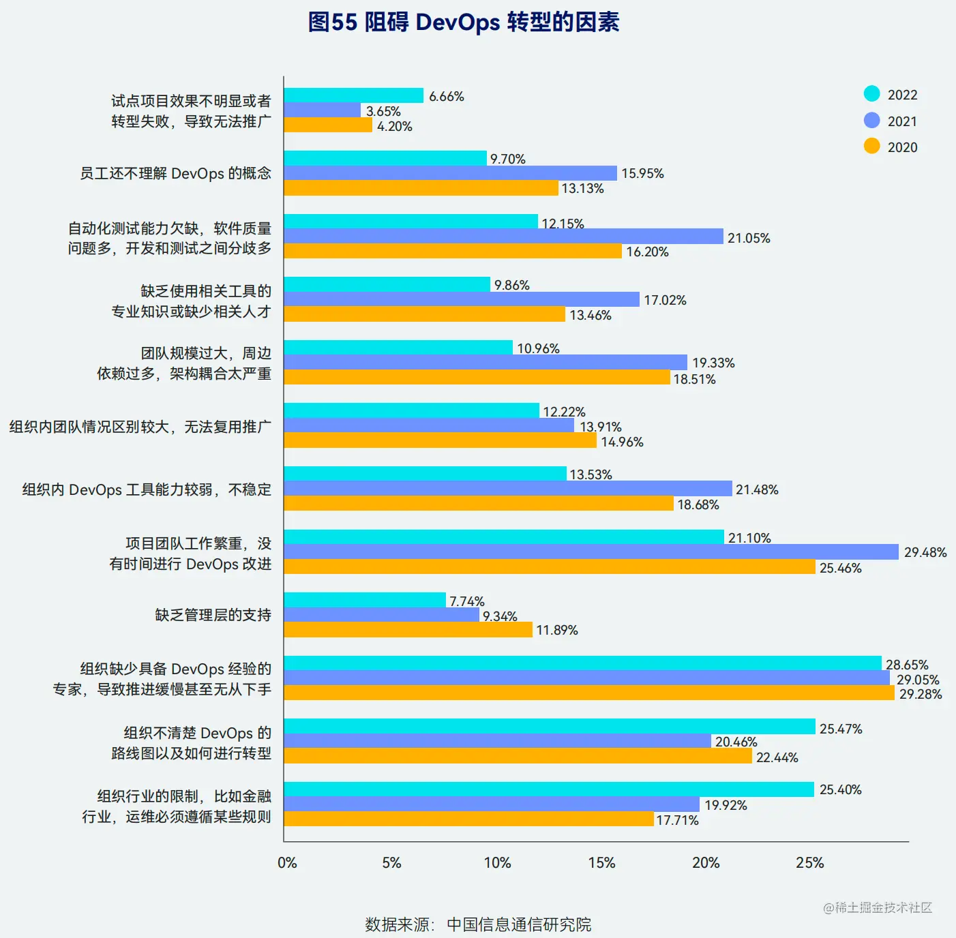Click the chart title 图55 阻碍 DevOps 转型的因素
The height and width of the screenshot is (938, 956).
pos(464,22)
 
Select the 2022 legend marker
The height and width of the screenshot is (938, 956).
pos(871,94)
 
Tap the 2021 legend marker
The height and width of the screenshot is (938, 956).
pos(871,121)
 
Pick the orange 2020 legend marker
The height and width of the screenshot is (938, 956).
pos(871,147)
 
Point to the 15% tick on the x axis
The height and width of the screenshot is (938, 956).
pos(601,863)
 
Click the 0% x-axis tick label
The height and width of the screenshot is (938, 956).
pos(287,863)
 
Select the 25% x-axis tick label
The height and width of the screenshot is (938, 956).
pos(810,863)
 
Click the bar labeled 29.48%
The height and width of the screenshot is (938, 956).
pos(591,552)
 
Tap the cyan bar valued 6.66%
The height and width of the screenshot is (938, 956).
pos(353,95)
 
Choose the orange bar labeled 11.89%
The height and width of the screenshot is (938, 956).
pos(408,630)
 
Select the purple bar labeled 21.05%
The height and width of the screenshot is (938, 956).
pos(503,237)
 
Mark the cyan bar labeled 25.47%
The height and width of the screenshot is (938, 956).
pos(549,727)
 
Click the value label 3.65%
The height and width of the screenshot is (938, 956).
pos(383,111)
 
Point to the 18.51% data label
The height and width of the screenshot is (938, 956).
pos(694,379)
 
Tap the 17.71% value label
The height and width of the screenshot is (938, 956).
pos(677,820)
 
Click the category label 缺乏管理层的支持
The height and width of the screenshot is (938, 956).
pos(213,615)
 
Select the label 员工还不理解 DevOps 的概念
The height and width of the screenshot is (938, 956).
pos(175,173)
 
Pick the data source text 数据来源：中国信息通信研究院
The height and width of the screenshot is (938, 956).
pos(477,924)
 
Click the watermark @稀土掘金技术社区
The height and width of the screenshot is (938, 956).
pos(877,907)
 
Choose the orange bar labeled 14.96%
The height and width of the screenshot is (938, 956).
pos(440,440)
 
